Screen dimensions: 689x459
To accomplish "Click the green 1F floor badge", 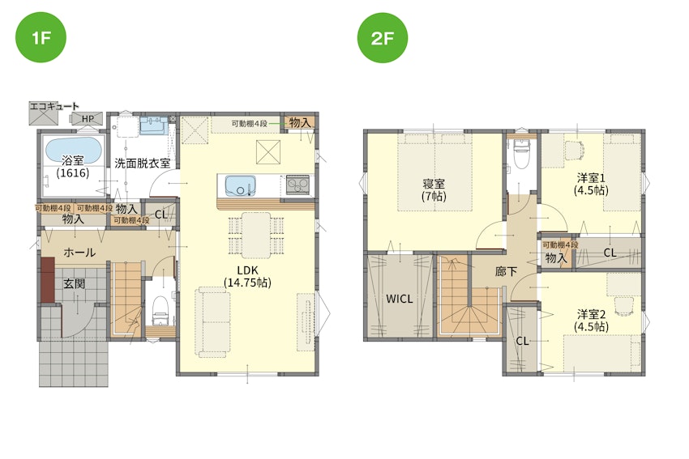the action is [x=41, y=38].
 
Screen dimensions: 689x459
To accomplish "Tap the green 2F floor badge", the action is [x=383, y=38].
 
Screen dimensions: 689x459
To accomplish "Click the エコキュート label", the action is [x=54, y=106].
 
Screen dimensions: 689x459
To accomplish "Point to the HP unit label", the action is [x=88, y=118].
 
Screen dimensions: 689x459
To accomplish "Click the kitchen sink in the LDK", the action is [x=240, y=185].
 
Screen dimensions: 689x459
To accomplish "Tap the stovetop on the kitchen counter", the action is [x=297, y=185].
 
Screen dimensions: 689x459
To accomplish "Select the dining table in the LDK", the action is [x=256, y=235].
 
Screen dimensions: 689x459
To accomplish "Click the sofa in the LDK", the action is [x=213, y=321].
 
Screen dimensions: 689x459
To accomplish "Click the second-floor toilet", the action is [x=521, y=154].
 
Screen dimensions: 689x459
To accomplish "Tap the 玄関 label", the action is [x=75, y=284].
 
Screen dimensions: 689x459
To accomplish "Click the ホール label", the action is [x=79, y=253].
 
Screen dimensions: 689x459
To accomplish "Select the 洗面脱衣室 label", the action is [x=143, y=164].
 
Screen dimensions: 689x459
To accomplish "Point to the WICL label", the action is [x=400, y=300].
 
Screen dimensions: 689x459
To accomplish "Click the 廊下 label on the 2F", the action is [x=506, y=272].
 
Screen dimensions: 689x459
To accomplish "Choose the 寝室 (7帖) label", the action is [x=434, y=189].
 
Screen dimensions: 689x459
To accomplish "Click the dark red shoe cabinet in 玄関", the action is [x=48, y=280].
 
